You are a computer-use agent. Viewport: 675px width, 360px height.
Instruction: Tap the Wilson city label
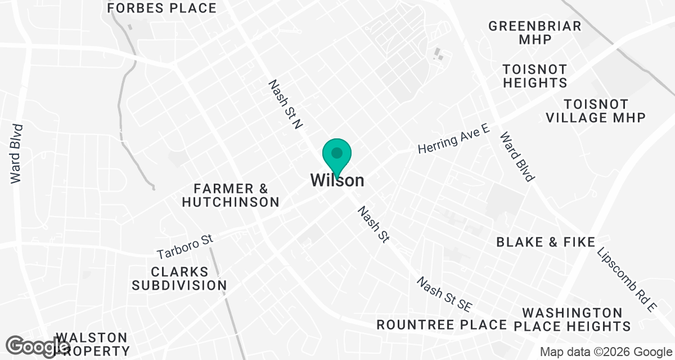(337, 181)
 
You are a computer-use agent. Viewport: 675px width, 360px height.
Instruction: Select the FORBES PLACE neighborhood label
(161, 8)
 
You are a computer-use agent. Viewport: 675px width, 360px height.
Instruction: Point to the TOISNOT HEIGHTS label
(535, 76)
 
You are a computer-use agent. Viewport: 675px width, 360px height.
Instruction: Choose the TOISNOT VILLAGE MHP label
(604, 111)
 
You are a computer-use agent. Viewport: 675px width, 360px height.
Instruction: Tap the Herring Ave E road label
(453, 141)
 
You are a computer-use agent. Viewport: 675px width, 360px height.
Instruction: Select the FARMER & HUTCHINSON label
(231, 195)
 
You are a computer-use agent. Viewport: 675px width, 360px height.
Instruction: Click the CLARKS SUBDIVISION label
(179, 278)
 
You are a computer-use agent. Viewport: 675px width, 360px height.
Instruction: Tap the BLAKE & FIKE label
(545, 242)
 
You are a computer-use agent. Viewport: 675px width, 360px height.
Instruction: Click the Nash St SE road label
(444, 294)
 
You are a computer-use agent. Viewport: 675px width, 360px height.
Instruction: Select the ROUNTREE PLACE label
(442, 325)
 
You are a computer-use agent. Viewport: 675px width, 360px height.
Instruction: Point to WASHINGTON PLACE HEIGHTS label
(576, 319)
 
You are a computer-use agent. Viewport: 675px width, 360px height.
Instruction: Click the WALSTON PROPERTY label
(92, 343)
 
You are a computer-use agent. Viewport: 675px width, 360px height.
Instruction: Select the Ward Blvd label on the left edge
(16, 153)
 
